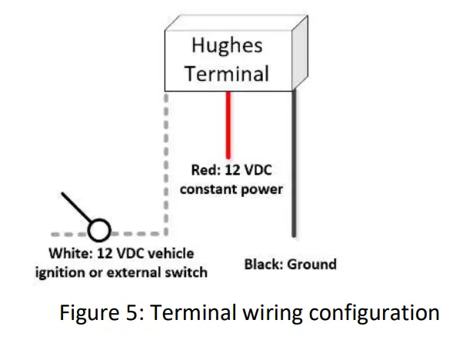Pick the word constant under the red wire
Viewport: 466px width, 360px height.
click(x=212, y=188)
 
